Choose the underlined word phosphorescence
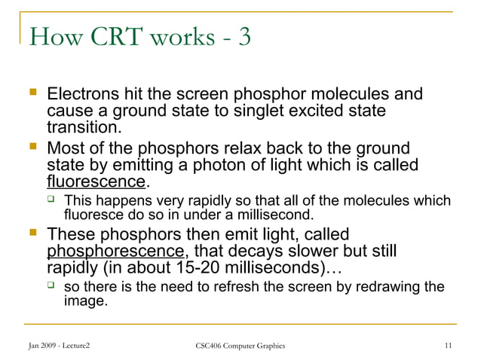click(115, 251)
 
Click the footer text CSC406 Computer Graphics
click(240, 346)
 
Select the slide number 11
click(448, 346)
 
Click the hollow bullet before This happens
click(51, 201)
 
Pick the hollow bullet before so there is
click(51, 287)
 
